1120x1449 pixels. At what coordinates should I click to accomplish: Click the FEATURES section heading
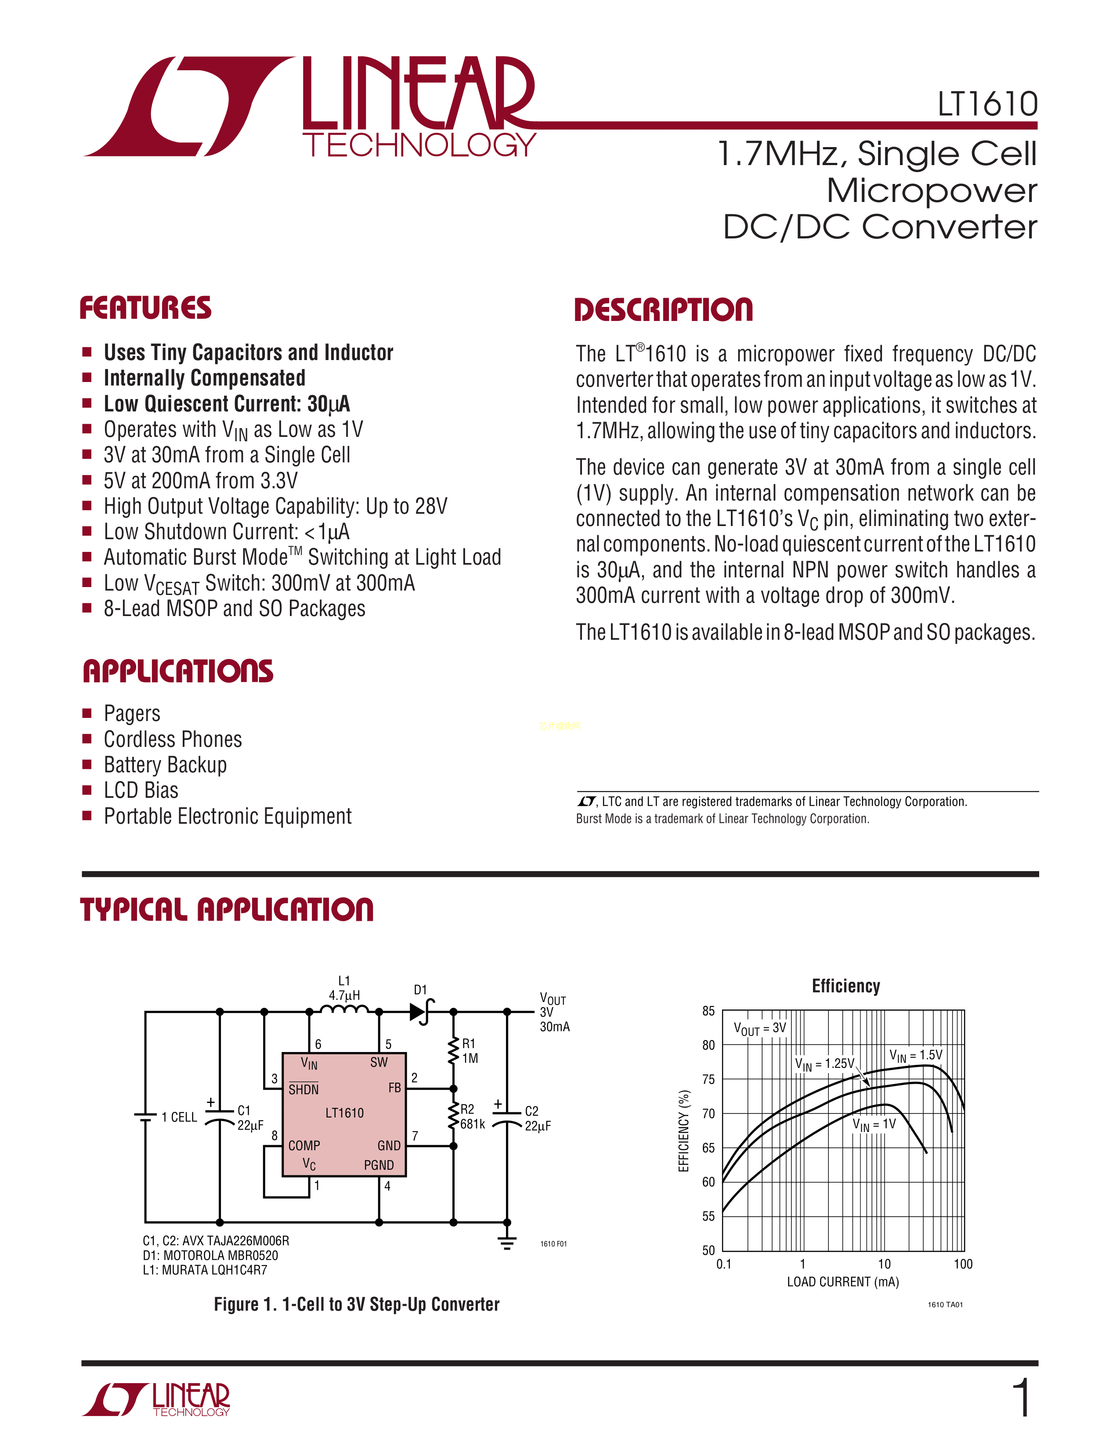[145, 309]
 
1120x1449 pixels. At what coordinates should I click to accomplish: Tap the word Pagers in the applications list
[132, 714]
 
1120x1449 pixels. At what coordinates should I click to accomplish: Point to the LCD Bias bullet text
[141, 790]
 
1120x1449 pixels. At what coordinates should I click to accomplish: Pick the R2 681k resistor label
[472, 1117]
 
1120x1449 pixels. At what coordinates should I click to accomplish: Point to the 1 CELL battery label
[179, 1117]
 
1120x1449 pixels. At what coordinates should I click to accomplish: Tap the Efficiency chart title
[845, 986]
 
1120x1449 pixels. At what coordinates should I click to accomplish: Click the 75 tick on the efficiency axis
[708, 1079]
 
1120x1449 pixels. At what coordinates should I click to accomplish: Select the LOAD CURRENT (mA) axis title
[843, 1282]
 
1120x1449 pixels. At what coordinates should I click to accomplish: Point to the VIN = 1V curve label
[874, 1124]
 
